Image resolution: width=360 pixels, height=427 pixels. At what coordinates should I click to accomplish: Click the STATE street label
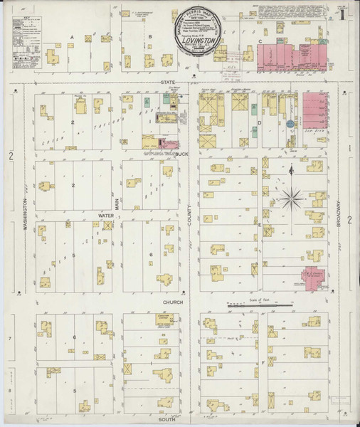[x=168, y=83]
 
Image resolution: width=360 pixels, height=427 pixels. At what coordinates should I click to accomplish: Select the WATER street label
[x=106, y=213]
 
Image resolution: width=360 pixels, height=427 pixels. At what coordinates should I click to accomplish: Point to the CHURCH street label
[x=173, y=302]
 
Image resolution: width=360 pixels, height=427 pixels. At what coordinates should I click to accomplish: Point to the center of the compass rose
[x=292, y=197]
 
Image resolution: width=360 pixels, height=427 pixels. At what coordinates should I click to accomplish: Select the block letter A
[x=72, y=36]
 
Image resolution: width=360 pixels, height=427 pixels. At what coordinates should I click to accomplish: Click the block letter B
[x=150, y=36]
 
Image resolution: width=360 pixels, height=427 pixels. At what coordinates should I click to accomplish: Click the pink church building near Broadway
[x=310, y=278]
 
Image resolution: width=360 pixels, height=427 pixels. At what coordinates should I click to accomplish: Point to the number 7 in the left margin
[x=10, y=338]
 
